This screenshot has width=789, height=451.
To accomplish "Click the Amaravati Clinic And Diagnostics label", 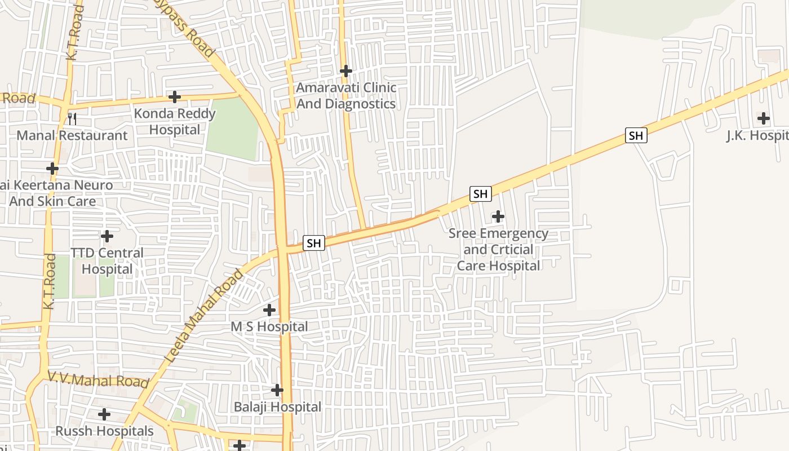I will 346,96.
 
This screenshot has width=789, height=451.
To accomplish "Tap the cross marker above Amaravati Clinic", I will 346,71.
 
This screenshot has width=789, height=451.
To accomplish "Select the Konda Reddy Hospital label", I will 175,122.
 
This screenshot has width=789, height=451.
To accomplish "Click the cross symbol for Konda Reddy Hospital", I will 175,97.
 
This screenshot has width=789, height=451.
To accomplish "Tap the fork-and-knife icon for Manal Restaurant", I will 72,118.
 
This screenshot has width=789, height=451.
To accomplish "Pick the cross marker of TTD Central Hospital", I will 107,236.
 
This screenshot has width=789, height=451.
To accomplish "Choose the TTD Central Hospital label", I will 107,261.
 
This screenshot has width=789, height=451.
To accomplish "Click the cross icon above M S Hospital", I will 269,309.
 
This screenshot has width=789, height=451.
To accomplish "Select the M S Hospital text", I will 269,327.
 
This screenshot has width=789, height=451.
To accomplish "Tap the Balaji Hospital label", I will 277,407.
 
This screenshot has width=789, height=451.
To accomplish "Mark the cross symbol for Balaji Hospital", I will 277,390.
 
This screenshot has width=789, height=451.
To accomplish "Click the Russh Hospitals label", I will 104,431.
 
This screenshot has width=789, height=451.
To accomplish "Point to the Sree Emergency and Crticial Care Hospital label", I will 498,249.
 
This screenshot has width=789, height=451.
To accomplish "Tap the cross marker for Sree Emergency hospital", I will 498,216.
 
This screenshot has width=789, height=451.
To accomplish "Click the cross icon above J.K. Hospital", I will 764,118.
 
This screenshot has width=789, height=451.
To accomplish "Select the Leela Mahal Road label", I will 205,316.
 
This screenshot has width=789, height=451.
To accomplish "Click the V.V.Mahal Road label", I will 98,379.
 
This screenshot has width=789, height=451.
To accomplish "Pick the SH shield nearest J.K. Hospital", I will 636,135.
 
